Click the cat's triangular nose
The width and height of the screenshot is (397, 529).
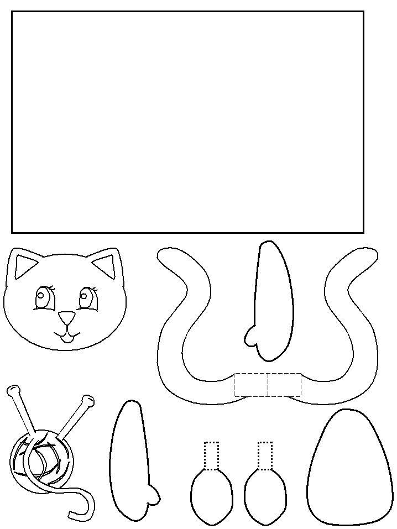(67, 317)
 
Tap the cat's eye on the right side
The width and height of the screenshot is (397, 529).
(86, 299)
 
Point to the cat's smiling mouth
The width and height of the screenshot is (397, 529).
(67, 334)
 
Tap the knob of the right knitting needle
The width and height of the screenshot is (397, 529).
(87, 399)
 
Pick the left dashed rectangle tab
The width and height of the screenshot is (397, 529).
(251, 385)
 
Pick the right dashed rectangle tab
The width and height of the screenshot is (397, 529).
(285, 385)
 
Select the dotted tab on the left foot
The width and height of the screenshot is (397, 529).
(212, 455)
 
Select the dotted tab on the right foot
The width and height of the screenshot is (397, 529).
(265, 455)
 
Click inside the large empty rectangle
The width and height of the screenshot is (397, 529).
(187, 122)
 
